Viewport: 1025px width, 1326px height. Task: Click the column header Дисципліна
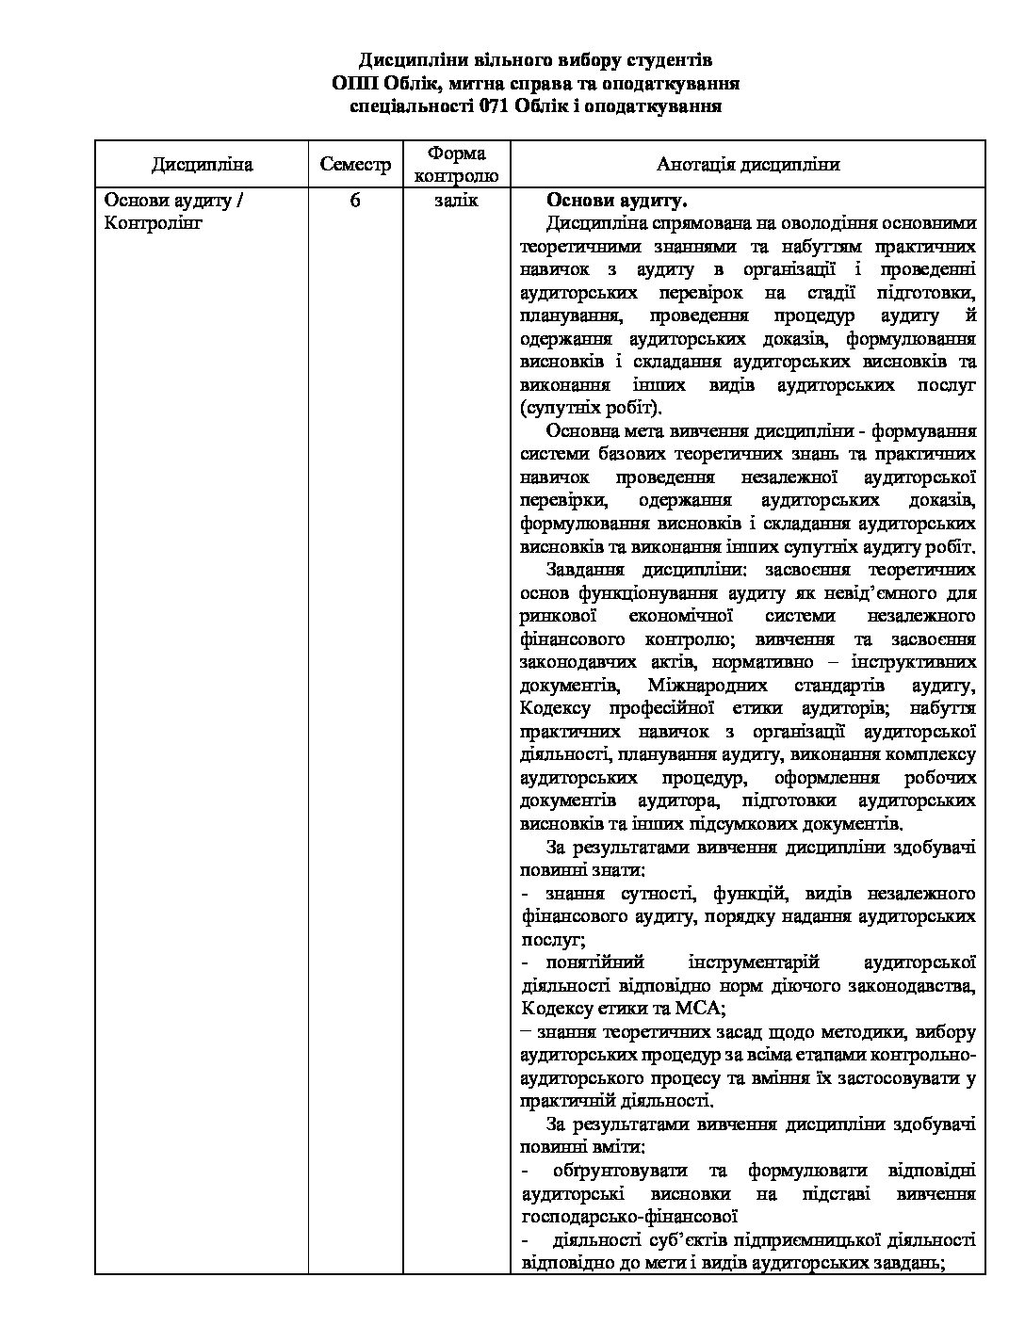(x=202, y=165)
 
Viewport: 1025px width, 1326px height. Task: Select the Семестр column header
(x=355, y=165)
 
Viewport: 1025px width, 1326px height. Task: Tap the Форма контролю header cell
(x=456, y=165)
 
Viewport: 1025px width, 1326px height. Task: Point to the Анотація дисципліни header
(x=747, y=165)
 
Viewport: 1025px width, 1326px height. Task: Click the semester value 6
(x=355, y=201)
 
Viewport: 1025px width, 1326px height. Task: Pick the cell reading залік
(x=456, y=201)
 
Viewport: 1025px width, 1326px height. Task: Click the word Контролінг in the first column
(x=154, y=224)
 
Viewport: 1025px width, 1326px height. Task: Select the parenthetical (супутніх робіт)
(x=591, y=408)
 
